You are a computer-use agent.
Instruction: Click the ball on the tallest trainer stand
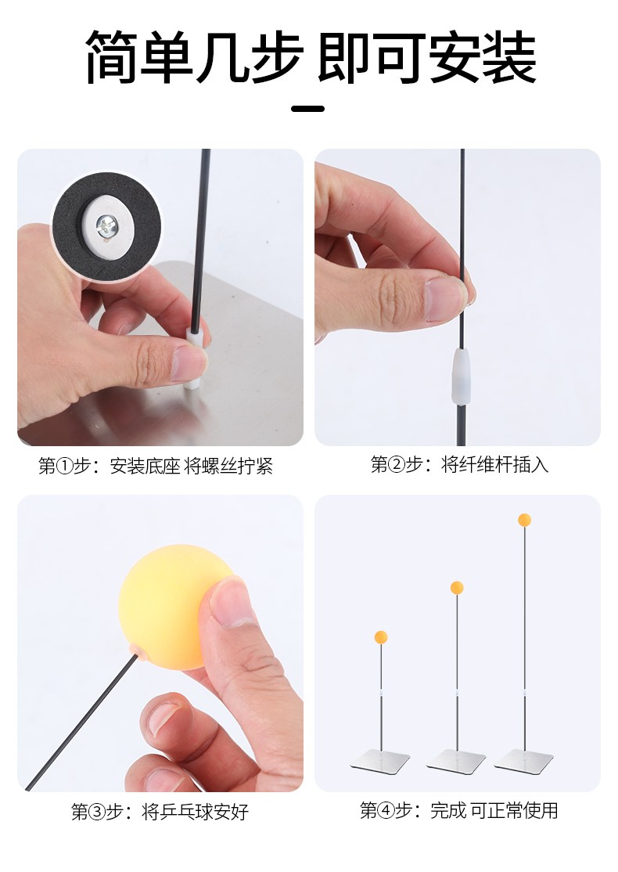524,520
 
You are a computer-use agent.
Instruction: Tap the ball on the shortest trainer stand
381,637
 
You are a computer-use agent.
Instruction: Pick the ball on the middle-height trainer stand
457,588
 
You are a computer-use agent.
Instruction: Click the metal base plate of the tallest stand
524,761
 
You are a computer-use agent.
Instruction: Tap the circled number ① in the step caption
65,466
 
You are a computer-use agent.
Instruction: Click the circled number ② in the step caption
397,464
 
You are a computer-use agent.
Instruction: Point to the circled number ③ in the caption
97,813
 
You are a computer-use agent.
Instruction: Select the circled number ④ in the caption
386,810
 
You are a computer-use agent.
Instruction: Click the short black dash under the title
308,109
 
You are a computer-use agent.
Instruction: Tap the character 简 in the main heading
112,57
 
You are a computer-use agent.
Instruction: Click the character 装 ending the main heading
508,57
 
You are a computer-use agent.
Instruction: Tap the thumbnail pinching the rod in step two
444,299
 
